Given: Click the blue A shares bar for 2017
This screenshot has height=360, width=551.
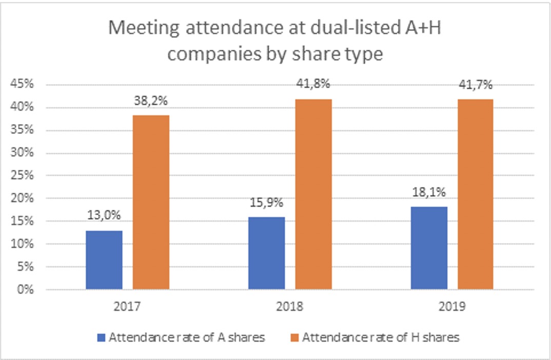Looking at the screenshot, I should point(104,260).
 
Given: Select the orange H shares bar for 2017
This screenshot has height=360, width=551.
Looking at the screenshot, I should point(151,203).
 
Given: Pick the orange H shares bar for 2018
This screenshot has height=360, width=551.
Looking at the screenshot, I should point(313,194).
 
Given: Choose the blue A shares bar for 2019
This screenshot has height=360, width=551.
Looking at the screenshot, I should point(429,248).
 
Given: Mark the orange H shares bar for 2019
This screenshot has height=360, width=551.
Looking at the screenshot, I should point(476,194).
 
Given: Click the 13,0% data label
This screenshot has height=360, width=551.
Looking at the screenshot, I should point(104,216).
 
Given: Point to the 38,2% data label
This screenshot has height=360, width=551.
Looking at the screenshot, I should point(151,101).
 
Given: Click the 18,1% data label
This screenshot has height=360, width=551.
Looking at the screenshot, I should point(429,192).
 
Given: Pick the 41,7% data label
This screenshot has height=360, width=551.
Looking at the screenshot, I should point(476,84).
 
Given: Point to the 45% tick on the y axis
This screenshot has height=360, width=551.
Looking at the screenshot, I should point(23,85).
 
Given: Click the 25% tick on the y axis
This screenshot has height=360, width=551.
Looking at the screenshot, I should point(23,176).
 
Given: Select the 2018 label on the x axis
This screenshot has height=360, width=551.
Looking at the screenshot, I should point(289,307).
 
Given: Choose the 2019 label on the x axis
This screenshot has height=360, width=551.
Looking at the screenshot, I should point(452,307).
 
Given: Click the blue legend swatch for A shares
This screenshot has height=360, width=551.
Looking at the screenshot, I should point(101,337).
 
